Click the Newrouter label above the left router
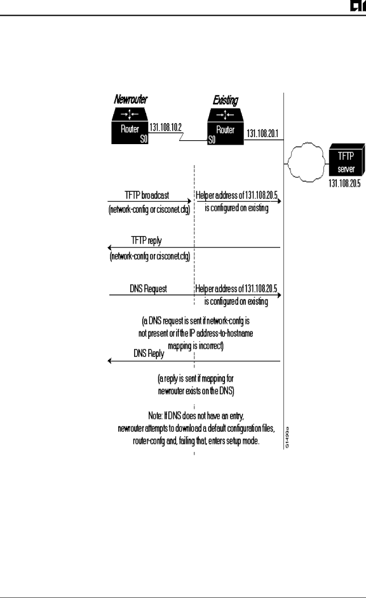coord(130,99)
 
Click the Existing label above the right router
coord(225,100)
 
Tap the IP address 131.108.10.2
coord(165,127)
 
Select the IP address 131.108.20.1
coord(262,133)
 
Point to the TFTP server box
coord(346,161)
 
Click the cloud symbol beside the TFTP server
coord(306,162)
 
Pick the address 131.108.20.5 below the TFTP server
coord(344,183)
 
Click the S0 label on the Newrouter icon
coord(144,139)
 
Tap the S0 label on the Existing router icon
coord(212,140)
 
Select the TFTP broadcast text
coord(147,196)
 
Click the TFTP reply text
coord(147,241)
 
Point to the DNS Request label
coord(148,289)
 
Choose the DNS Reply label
coord(149,354)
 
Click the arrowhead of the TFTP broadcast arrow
coord(189,201)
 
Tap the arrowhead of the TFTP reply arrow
coord(110,248)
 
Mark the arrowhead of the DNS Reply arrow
coord(110,361)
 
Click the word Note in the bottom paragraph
coord(155,415)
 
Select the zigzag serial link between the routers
coord(181,136)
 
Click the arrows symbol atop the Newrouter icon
coord(130,114)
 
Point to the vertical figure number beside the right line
coord(287,437)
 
